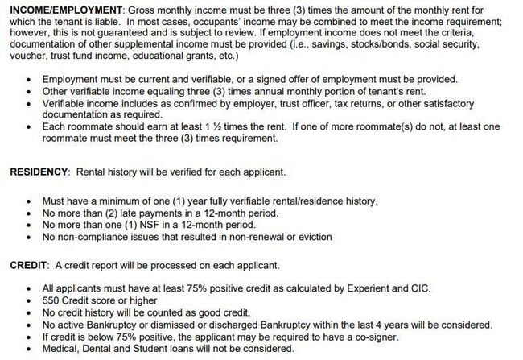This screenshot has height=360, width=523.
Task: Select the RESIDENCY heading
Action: [x=37, y=172]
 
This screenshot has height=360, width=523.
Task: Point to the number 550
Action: [x=51, y=300]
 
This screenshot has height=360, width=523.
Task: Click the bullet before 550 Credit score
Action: [x=30, y=300]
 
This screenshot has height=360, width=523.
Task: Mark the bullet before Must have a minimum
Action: [x=30, y=201]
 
